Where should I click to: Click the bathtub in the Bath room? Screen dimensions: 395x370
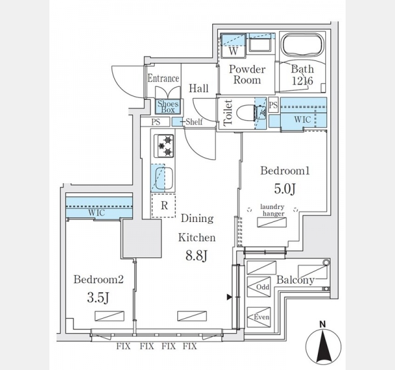point(302,45)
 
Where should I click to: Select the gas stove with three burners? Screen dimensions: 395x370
point(164,146)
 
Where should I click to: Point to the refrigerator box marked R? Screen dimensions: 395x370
point(164,205)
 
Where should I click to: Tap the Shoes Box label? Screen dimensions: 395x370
point(168,107)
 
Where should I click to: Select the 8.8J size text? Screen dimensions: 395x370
point(196,256)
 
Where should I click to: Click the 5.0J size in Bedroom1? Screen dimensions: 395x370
point(285,189)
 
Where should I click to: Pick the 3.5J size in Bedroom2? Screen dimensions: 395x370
point(98,298)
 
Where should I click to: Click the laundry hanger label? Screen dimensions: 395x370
point(273,210)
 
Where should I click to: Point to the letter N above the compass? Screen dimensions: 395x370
point(323,324)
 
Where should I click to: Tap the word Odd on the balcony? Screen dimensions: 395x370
point(262,287)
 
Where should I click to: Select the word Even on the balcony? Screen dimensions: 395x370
point(262,317)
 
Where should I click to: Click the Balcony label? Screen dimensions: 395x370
point(295,280)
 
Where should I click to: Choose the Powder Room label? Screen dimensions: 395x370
point(247,75)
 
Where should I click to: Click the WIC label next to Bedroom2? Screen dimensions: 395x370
point(96,213)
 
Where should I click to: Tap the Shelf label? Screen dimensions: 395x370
point(194,122)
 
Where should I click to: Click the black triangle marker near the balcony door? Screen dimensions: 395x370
point(229,297)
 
